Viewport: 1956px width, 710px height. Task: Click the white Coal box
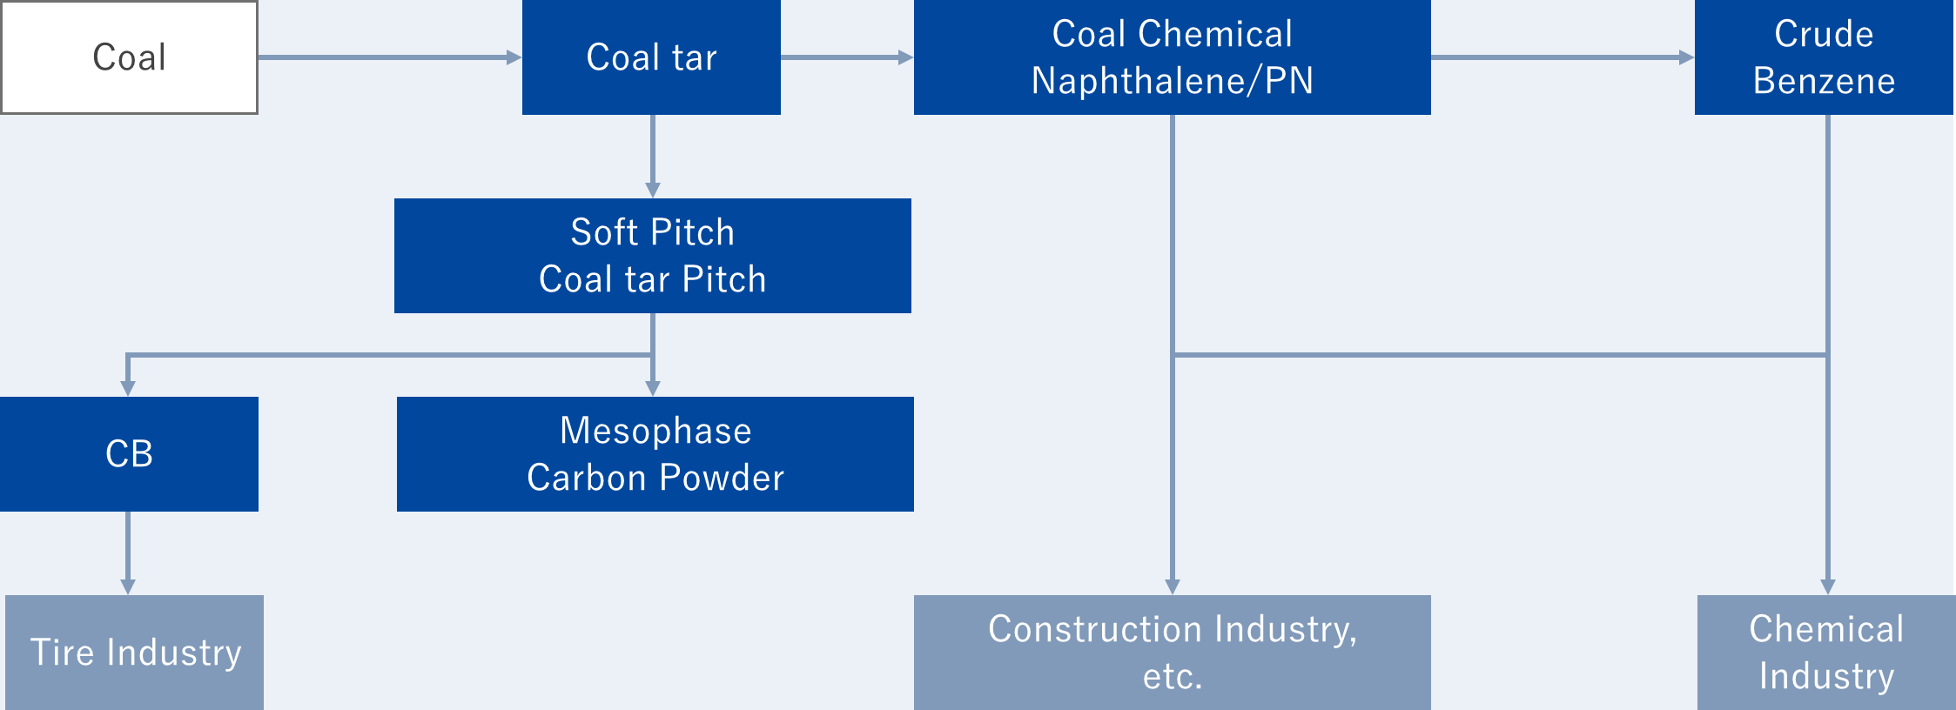point(129,57)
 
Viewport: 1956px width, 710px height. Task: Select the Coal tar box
point(651,57)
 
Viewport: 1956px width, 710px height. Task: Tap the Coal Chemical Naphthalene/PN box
point(1172,57)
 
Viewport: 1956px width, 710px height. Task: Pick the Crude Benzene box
point(1825,57)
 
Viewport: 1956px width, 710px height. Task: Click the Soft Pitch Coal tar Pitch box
point(653,256)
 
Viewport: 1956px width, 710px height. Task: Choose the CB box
point(129,454)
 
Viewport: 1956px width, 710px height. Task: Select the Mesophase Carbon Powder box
point(655,454)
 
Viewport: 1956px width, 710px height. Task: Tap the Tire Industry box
point(134,653)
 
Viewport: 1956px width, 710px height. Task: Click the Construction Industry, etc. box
point(1172,653)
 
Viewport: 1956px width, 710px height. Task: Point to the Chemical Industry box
point(1826,653)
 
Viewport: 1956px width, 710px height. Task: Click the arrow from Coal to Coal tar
point(390,57)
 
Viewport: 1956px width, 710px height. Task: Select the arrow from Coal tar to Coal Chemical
point(847,57)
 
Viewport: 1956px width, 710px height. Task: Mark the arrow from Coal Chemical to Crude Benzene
point(1563,57)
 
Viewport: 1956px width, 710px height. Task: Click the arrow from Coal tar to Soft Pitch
point(653,157)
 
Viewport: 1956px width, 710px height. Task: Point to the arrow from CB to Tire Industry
point(128,553)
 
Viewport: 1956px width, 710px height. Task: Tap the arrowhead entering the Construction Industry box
point(1173,587)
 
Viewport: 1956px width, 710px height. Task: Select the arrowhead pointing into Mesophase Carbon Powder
point(653,389)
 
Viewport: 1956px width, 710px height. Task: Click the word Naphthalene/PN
point(1172,81)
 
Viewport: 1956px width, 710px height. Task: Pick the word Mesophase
point(655,431)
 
